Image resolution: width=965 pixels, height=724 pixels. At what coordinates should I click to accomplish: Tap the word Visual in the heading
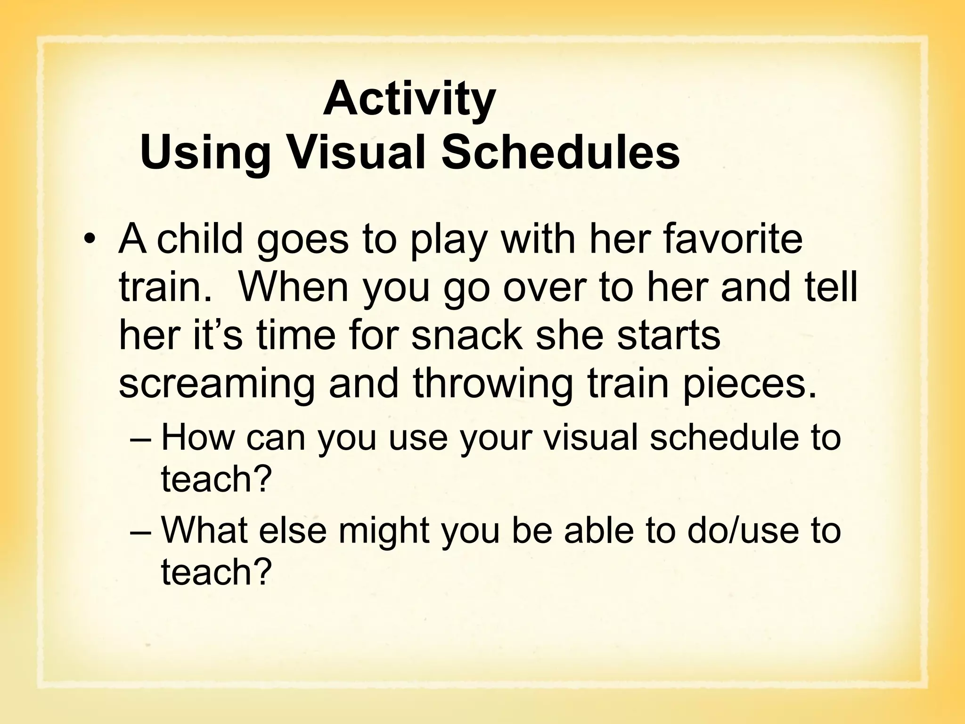click(356, 153)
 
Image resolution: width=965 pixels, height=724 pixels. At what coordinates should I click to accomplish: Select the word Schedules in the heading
click(560, 153)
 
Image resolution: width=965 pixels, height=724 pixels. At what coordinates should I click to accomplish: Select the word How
click(197, 437)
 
